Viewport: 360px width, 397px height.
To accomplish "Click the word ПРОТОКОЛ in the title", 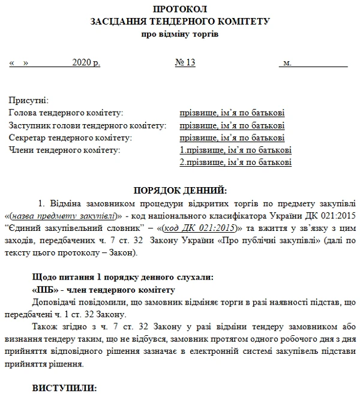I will tap(179, 10).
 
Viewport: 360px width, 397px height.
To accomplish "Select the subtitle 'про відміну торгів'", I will tap(179, 34).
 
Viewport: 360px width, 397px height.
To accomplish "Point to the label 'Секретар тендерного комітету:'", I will tap(70, 138).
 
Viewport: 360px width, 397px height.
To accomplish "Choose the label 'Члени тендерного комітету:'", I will tap(65, 150).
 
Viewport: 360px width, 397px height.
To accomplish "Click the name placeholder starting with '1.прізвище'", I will tap(235, 150).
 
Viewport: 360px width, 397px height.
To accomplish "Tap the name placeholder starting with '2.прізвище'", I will tap(235, 163).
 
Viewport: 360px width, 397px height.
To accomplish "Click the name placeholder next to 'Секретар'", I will tap(232, 138).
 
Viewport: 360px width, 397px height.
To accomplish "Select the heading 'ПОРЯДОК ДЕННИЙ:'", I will tap(179, 191).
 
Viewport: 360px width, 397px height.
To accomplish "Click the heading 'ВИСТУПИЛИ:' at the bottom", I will tap(62, 388).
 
